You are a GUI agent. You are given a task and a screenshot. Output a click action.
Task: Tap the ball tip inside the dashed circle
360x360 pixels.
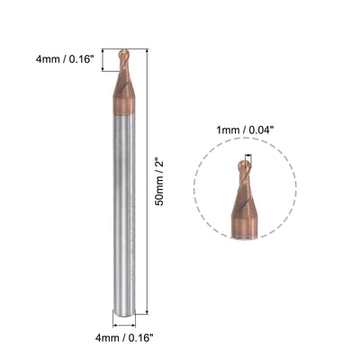point(246,166)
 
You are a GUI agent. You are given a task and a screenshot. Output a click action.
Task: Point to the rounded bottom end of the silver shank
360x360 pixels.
point(123,311)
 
